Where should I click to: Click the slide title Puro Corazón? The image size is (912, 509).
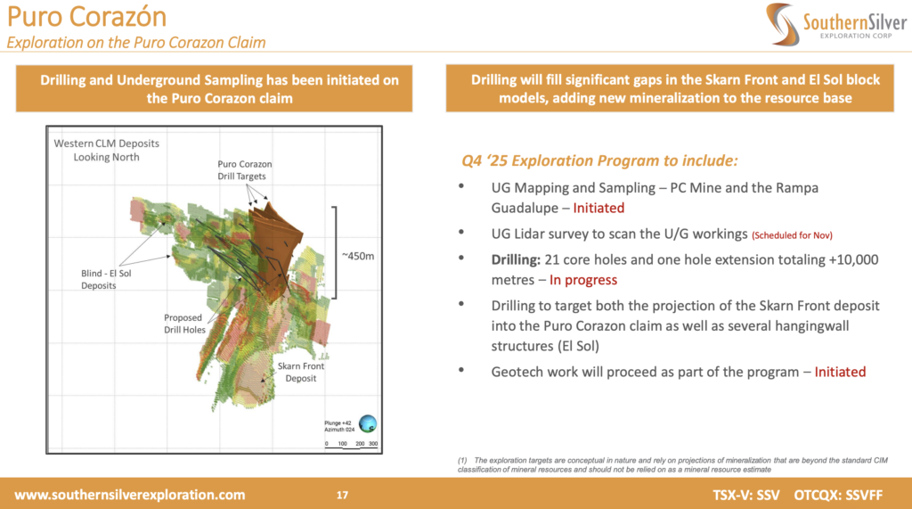[86, 16]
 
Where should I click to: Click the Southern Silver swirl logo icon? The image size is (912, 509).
[781, 23]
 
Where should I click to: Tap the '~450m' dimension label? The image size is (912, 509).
[358, 256]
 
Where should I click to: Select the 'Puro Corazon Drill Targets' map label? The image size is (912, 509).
[244, 170]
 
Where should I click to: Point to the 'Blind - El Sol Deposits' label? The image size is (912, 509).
[106, 280]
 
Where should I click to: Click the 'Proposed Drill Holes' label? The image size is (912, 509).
[184, 324]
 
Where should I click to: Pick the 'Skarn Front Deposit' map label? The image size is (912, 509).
[301, 372]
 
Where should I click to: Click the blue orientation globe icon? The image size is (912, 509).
[368, 423]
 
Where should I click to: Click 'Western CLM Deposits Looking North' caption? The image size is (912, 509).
[107, 151]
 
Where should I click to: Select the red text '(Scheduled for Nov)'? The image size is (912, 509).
[792, 235]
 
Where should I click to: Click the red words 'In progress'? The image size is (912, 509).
[582, 280]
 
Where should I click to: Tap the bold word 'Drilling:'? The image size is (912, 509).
[516, 259]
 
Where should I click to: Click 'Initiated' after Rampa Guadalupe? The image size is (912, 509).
[598, 208]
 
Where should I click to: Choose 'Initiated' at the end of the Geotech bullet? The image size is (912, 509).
[840, 372]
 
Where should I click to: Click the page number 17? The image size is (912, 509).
[342, 495]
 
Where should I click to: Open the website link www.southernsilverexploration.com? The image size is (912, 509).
[130, 495]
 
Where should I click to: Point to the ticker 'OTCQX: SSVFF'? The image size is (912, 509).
[838, 495]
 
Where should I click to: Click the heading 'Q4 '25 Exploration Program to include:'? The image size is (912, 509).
[599, 160]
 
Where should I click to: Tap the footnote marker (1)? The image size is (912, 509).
[462, 461]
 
